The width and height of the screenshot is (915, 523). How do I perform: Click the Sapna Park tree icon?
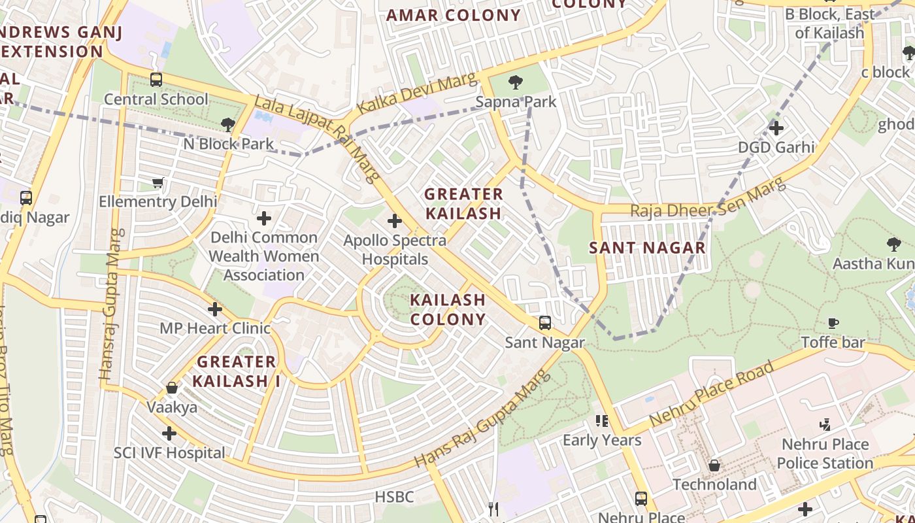(x=516, y=82)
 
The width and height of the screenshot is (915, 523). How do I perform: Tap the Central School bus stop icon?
(x=156, y=80)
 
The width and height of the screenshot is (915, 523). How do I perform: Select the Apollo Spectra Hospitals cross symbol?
(x=395, y=221)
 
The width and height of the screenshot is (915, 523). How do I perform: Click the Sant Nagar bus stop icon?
(x=544, y=323)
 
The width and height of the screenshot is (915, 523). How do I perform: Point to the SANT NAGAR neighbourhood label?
(x=647, y=248)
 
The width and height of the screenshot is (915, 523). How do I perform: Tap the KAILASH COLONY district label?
(x=448, y=310)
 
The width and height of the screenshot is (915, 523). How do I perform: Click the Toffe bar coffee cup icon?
(x=833, y=323)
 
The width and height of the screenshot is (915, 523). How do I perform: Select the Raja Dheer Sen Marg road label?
(x=707, y=200)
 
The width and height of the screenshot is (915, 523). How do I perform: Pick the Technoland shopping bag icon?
(x=714, y=465)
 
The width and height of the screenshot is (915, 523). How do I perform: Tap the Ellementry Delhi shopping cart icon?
(x=158, y=182)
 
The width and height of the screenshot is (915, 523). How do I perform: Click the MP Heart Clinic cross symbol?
(x=215, y=309)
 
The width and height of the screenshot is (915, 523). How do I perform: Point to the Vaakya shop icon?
(x=172, y=388)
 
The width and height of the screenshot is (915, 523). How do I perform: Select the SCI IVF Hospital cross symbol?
(x=169, y=433)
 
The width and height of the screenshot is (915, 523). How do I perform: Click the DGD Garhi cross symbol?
(x=776, y=128)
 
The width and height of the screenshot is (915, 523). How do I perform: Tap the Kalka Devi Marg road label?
(x=418, y=95)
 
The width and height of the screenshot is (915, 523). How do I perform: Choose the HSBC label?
(x=394, y=498)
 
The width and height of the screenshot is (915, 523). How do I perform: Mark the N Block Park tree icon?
(x=227, y=124)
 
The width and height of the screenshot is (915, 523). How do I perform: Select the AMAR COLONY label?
(x=454, y=15)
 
